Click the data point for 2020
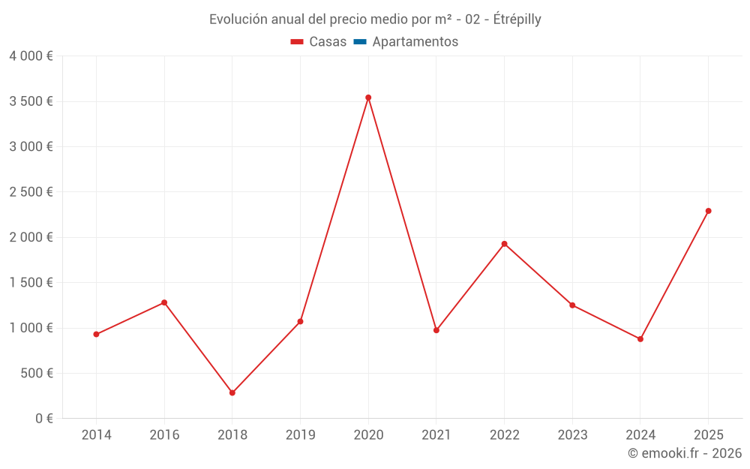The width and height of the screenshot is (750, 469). click(x=368, y=98)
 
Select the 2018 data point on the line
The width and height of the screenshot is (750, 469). click(x=232, y=392)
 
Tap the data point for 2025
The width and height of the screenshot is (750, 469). click(x=708, y=211)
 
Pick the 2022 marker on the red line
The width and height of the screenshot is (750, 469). click(x=504, y=244)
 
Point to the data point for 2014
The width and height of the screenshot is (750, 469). click(x=96, y=334)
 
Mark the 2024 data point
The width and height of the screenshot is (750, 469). click(x=640, y=339)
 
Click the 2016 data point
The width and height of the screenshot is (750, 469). click(x=164, y=302)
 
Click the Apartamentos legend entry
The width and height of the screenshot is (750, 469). click(x=415, y=42)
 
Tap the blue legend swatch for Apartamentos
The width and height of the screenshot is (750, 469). click(x=360, y=42)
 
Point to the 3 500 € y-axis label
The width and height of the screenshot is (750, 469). click(x=31, y=101)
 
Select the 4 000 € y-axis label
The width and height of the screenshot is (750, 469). click(x=31, y=56)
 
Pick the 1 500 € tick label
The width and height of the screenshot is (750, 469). click(x=31, y=282)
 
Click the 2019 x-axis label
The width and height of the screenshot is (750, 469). click(x=300, y=434)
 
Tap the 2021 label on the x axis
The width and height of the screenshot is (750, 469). click(x=436, y=434)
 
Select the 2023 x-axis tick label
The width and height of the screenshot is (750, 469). click(x=572, y=434)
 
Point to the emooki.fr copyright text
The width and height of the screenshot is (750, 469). click(x=685, y=453)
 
